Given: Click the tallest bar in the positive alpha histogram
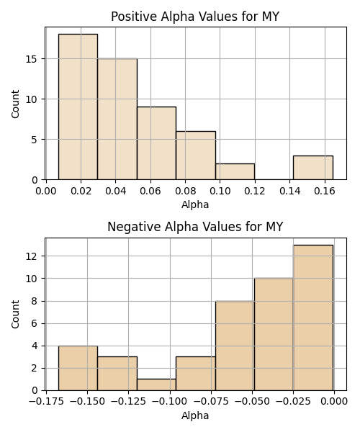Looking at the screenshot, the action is coord(78,107).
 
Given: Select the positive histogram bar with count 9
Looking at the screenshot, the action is coord(156,143).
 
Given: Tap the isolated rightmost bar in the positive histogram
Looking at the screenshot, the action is coord(313,168).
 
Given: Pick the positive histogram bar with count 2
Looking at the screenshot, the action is coord(235,171).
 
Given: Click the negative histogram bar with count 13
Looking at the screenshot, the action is coord(313,318).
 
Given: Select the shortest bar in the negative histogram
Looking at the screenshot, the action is coord(156,385).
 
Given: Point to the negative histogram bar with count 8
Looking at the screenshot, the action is coord(235,346).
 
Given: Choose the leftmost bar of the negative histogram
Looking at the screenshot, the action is coord(78,368).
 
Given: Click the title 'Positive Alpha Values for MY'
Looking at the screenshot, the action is coord(195,17).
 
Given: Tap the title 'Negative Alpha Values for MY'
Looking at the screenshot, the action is coord(195,227).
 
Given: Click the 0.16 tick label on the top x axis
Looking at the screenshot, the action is coord(325,191).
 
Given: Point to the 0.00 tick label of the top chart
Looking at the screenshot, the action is coord(46,191).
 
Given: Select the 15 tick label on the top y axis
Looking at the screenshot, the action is coord(32,59).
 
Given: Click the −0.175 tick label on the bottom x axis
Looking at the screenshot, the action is coord(46,401).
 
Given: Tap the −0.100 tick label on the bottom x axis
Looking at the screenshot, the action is coord(170,401).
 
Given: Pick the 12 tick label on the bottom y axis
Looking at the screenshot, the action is coord(32,256).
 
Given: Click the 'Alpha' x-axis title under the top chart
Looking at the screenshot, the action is coord(195,204).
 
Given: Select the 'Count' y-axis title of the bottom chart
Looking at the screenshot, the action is coord(15,314).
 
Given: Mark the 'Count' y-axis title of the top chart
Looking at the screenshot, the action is coord(15,104).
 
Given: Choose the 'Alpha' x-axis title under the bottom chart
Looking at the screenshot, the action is coord(195,415).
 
